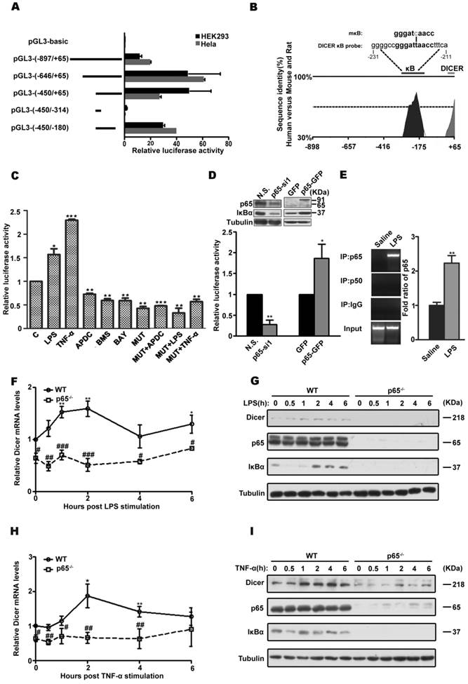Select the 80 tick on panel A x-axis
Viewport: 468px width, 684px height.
(x=227, y=142)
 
